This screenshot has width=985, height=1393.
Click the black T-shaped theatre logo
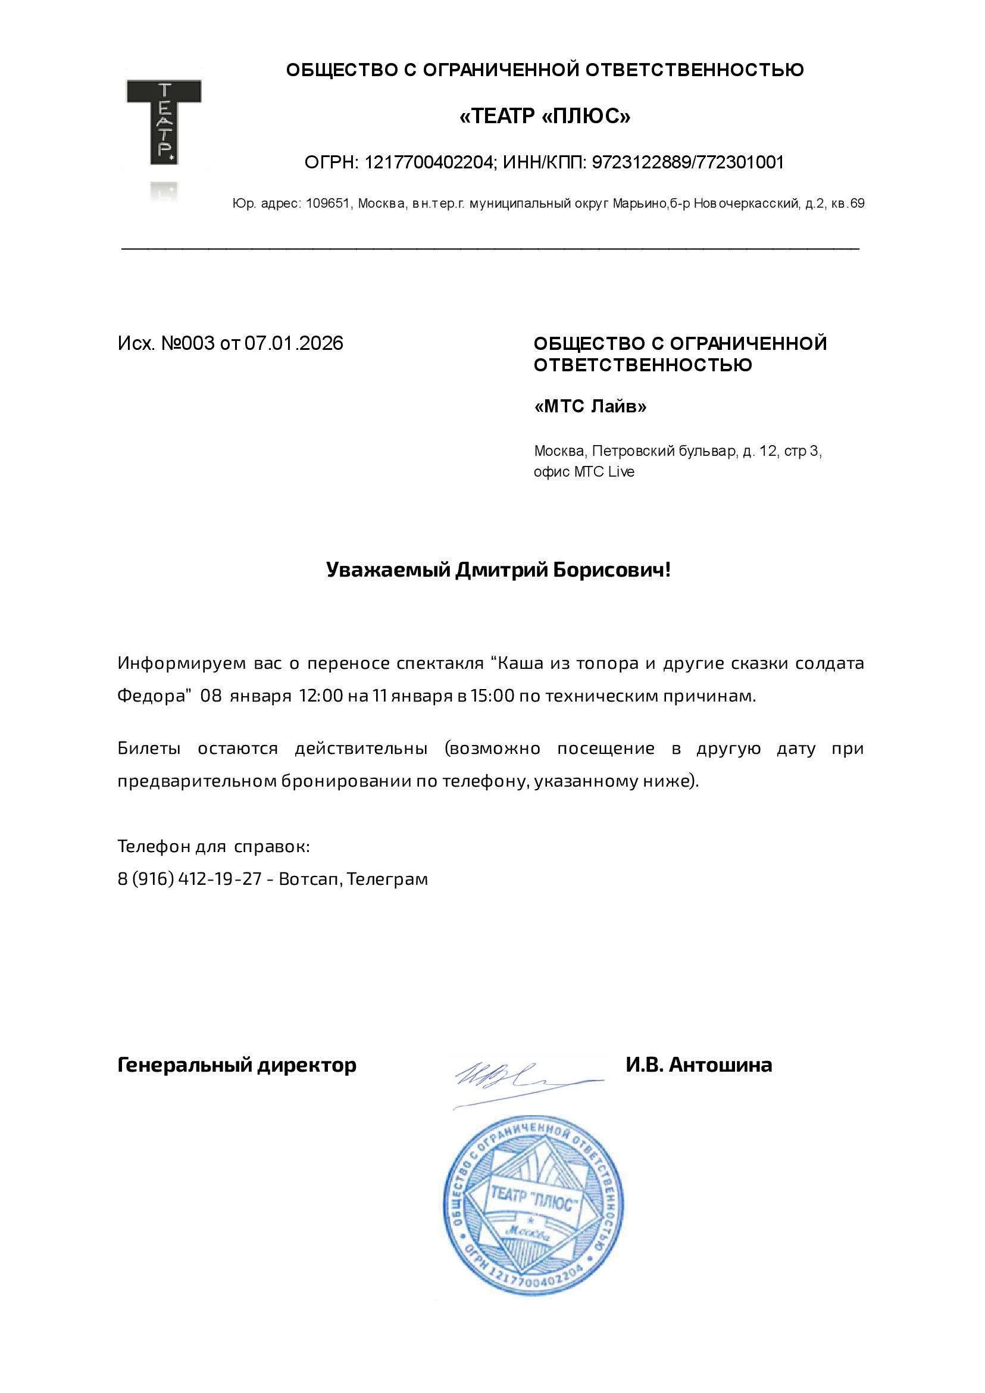tap(164, 121)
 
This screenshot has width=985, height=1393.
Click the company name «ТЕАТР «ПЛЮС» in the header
tap(545, 116)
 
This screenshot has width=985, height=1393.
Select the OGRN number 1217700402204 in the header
tap(429, 162)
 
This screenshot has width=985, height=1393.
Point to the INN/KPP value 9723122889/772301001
tap(687, 162)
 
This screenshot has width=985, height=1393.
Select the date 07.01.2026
tap(294, 343)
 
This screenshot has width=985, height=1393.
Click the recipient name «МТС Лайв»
tap(590, 406)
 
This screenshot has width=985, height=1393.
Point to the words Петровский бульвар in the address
tap(664, 452)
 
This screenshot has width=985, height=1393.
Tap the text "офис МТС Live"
tap(584, 472)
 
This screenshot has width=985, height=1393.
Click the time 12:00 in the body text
tap(320, 695)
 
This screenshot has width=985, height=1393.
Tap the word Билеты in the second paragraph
tap(149, 749)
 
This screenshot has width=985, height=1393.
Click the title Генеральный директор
tap(237, 1065)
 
